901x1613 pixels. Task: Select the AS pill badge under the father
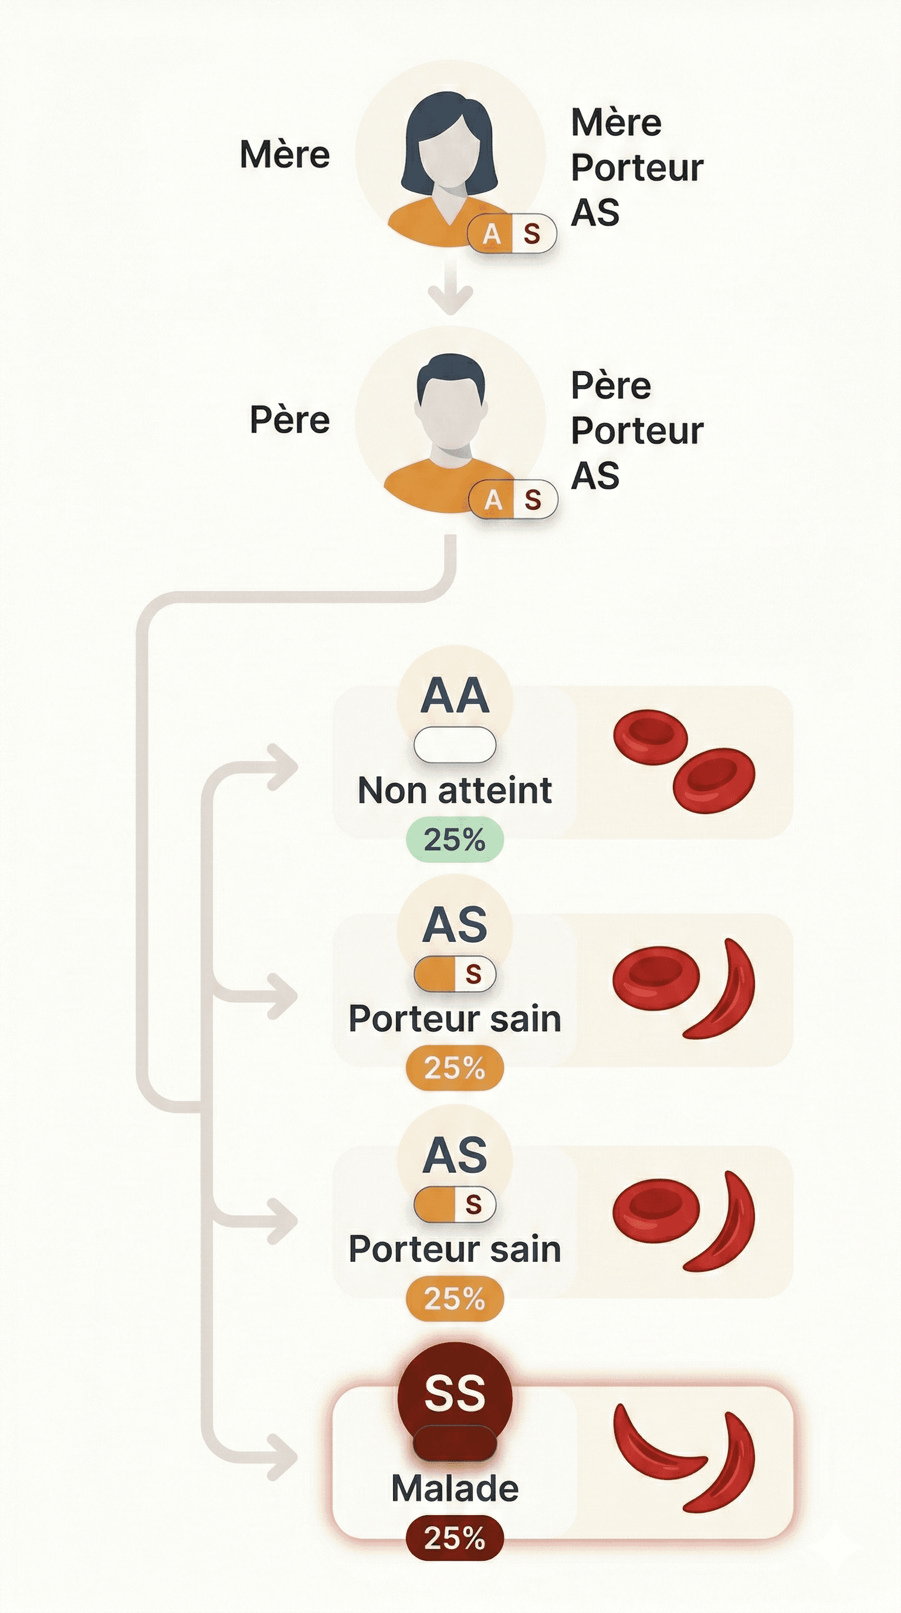pyautogui.click(x=513, y=500)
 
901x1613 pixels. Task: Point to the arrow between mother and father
pyautogui.click(x=450, y=288)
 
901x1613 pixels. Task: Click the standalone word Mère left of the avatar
pyautogui.click(x=284, y=155)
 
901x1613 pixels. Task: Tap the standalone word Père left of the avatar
pyautogui.click(x=289, y=420)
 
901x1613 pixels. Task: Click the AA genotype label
pyautogui.click(x=454, y=696)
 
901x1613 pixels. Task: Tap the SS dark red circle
pyautogui.click(x=454, y=1394)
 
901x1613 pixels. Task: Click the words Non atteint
pyautogui.click(x=454, y=791)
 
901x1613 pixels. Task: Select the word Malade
pyautogui.click(x=454, y=1488)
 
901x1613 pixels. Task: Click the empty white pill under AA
pyautogui.click(x=454, y=745)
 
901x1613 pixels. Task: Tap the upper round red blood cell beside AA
pyautogui.click(x=650, y=737)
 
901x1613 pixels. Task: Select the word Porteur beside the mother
pyautogui.click(x=636, y=168)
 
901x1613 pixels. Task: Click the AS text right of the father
pyautogui.click(x=595, y=476)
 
